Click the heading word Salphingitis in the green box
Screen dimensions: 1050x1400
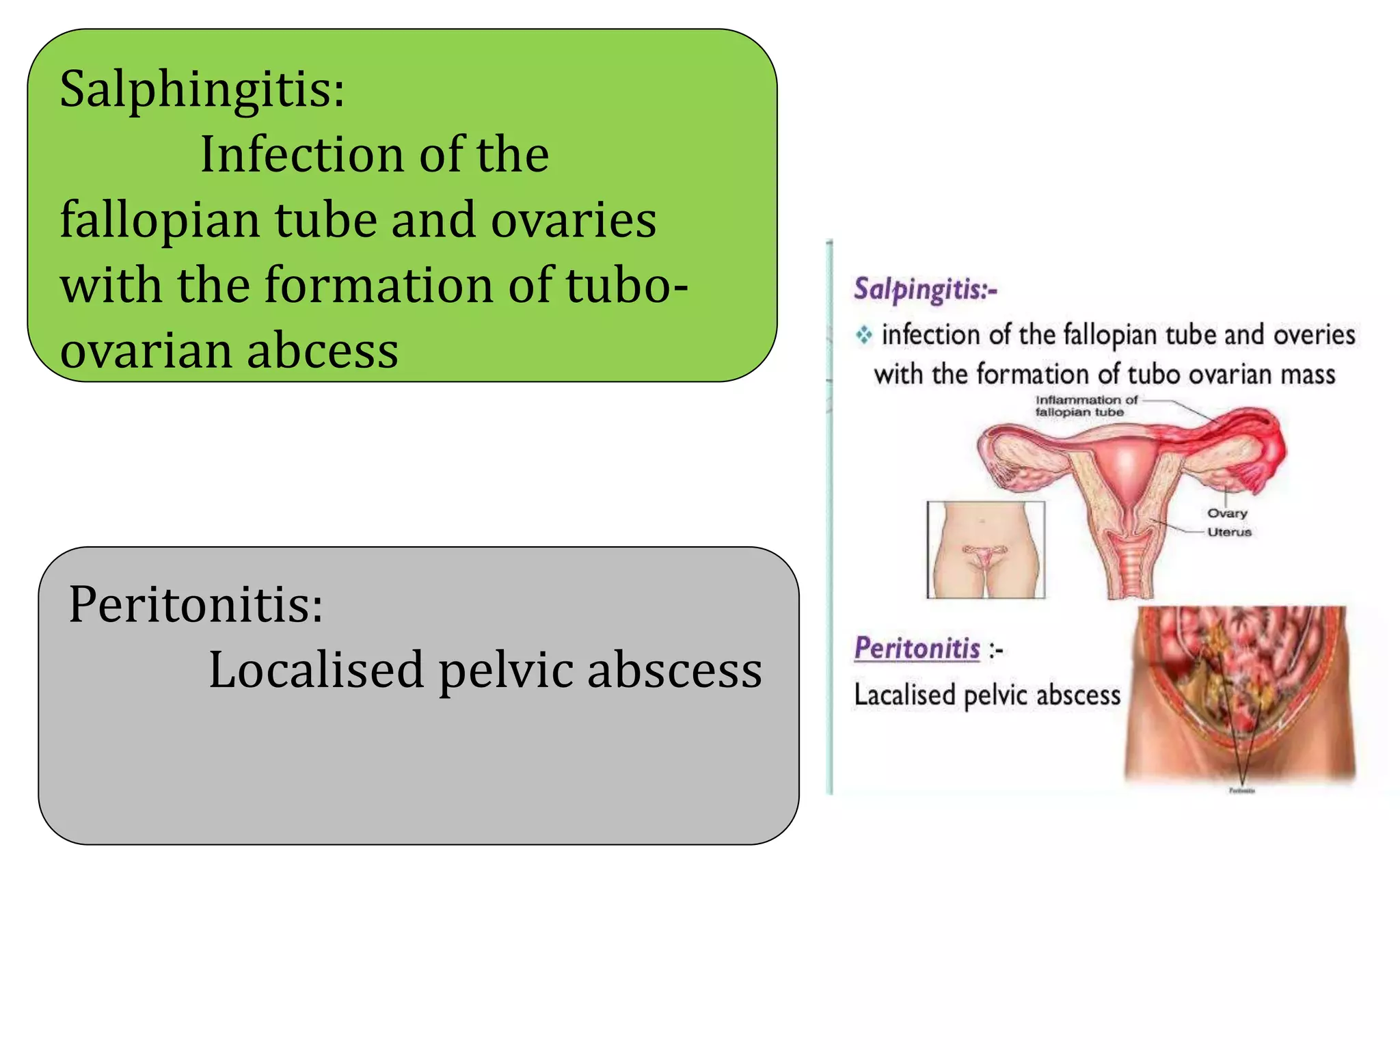[x=202, y=90]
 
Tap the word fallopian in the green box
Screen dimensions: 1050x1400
[x=160, y=221]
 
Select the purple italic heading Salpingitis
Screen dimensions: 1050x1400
[x=925, y=290]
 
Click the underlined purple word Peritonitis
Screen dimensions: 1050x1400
[x=917, y=648]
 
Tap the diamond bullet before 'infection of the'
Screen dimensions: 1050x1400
[x=864, y=335]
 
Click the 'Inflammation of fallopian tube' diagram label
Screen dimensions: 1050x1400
[x=1086, y=406]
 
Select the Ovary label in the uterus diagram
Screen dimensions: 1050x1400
[x=1227, y=513]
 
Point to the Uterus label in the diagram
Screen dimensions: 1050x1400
[x=1229, y=532]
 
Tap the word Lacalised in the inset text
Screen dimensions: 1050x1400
[x=904, y=696]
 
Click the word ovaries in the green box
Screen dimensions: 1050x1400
[x=574, y=221]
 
